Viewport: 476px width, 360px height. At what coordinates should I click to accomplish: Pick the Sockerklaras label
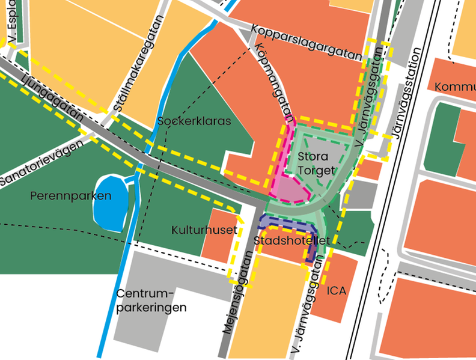tap(194, 121)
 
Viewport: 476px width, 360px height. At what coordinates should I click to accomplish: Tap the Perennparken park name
tap(71, 196)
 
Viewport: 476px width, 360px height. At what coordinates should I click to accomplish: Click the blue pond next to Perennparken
tap(110, 202)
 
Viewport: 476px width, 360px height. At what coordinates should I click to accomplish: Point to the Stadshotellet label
tap(291, 241)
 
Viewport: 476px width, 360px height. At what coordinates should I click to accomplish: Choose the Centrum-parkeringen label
tap(151, 301)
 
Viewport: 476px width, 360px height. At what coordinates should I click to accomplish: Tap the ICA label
tap(337, 291)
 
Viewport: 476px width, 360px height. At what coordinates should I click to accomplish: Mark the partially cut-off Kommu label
tap(454, 86)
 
